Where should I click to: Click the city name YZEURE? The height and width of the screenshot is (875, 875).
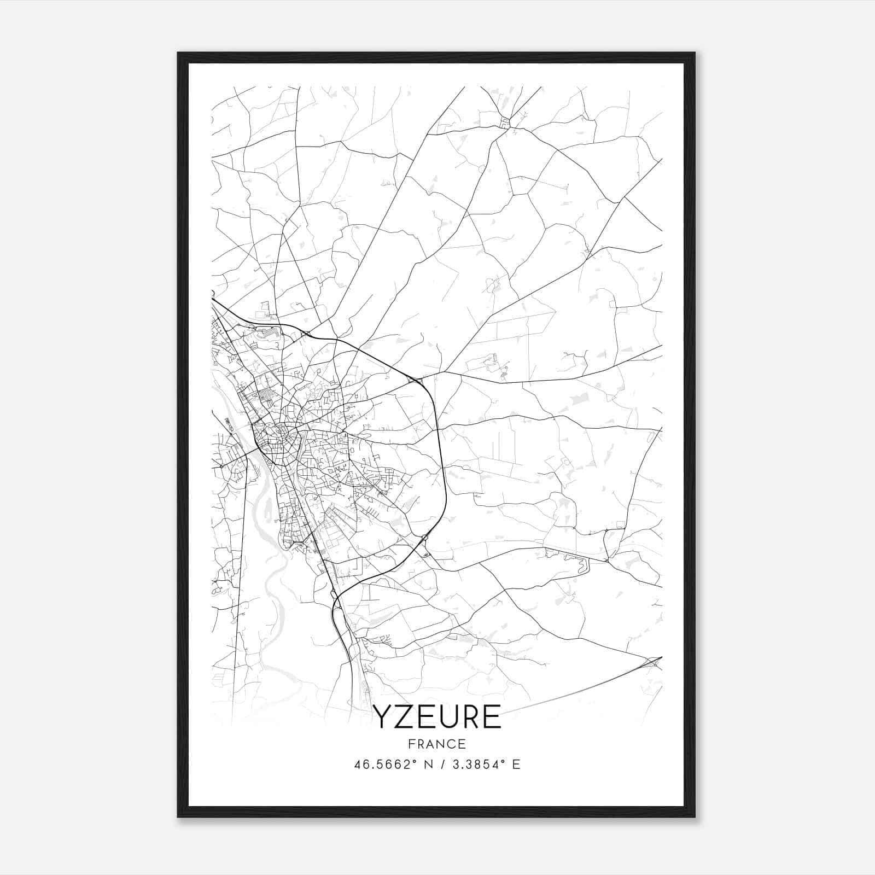coord(436,717)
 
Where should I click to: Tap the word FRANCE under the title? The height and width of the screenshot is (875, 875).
coord(436,744)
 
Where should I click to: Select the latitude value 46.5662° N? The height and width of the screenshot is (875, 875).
coord(393,765)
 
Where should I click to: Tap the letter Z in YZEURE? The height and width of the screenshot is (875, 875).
coord(404,717)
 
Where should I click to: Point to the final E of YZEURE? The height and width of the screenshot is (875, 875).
coord(492,717)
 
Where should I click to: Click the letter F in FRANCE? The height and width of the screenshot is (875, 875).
coord(410,744)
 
